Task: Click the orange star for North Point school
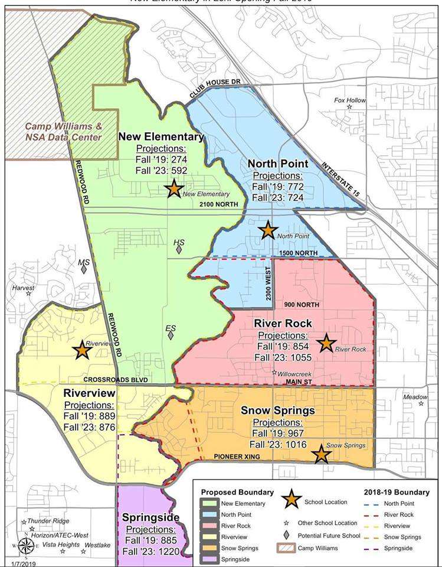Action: pos(269,230)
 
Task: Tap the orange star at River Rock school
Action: pos(325,343)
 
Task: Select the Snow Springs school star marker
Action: pos(321,454)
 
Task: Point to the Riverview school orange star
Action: pos(82,350)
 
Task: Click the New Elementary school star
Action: pos(173,189)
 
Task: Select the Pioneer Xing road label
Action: pos(237,456)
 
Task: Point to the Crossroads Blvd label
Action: pos(114,380)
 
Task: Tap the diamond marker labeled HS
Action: pos(179,249)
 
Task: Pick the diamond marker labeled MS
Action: pos(84,269)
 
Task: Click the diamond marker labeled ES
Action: pos(171,335)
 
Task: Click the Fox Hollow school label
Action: pos(350,100)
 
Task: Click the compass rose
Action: pos(25,545)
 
